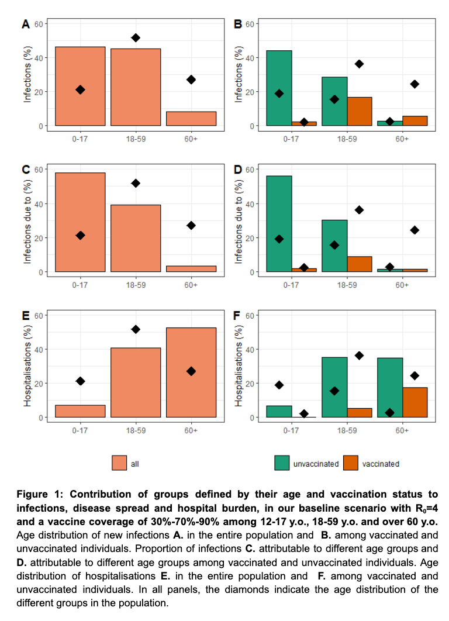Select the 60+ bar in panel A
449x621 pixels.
(191, 119)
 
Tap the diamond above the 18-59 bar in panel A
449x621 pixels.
(136, 37)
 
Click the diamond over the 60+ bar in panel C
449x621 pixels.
(191, 225)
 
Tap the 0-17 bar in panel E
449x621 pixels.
(80, 411)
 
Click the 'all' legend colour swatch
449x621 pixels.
(119, 463)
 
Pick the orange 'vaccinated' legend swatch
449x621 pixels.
(350, 463)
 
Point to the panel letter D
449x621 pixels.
(238, 170)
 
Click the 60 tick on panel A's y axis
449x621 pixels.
(38, 23)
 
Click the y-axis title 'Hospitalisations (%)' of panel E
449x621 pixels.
(27, 366)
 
